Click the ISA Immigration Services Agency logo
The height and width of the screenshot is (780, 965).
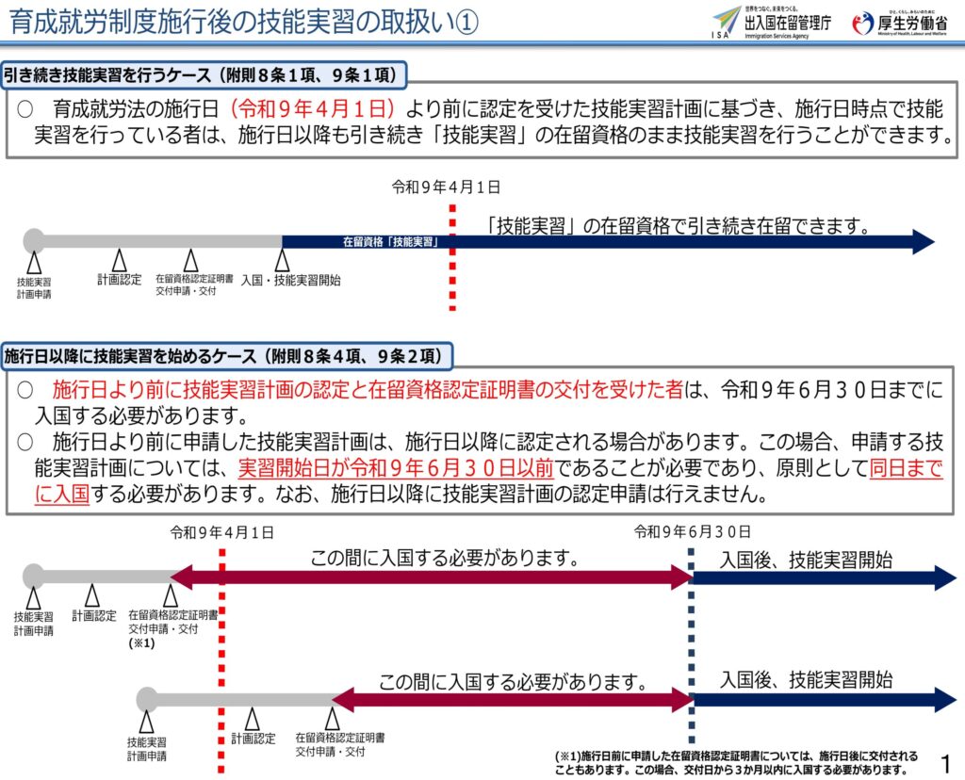(771, 24)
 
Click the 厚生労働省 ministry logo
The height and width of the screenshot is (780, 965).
(900, 24)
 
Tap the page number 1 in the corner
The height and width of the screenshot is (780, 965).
(946, 764)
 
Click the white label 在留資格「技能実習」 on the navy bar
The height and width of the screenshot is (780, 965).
(391, 242)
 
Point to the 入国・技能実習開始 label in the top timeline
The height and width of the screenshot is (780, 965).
(290, 281)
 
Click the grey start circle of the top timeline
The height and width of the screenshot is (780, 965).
(35, 240)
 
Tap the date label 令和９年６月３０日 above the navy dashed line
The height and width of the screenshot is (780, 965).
(693, 532)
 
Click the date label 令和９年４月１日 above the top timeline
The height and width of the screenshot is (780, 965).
(446, 187)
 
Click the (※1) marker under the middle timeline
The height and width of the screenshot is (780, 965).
(141, 643)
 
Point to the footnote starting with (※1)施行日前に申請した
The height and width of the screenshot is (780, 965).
(736, 763)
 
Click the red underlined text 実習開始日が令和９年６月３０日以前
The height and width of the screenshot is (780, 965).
(396, 469)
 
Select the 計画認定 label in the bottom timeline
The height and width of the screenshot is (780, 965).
(253, 739)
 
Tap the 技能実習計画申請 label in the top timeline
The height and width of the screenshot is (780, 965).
(34, 288)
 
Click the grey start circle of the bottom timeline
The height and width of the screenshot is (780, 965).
(148, 699)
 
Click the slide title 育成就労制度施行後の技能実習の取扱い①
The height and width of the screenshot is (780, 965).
(244, 23)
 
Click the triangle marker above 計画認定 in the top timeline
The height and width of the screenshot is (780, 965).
(120, 260)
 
